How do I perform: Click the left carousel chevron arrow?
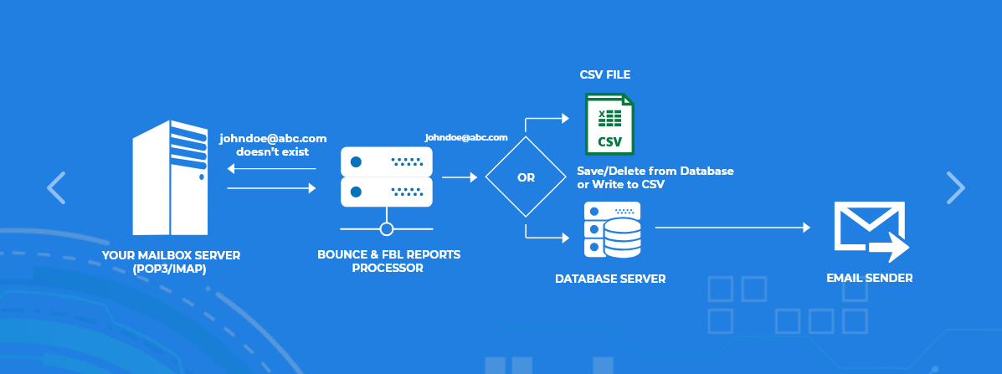pyautogui.click(x=56, y=187)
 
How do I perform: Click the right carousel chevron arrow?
pyautogui.click(x=955, y=187)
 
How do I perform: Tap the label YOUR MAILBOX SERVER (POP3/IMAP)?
pyautogui.click(x=171, y=261)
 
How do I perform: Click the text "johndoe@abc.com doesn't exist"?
pyautogui.click(x=273, y=145)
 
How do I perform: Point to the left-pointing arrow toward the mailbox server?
pyautogui.click(x=271, y=169)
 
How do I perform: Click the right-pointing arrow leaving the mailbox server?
pyautogui.click(x=271, y=188)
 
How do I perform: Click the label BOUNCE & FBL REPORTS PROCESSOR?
pyautogui.click(x=388, y=261)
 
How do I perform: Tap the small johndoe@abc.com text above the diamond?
pyautogui.click(x=466, y=136)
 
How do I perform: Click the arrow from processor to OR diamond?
pyautogui.click(x=459, y=177)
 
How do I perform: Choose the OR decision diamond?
pyautogui.click(x=526, y=177)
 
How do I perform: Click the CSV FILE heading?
pyautogui.click(x=605, y=74)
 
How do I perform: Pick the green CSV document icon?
pyautogui.click(x=609, y=123)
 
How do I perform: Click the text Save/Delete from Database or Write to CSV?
pyautogui.click(x=655, y=177)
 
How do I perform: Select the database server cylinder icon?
pyautogui.click(x=612, y=230)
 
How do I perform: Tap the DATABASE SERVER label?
pyautogui.click(x=610, y=279)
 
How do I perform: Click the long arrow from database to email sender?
pyautogui.click(x=732, y=227)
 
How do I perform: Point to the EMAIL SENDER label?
pyautogui.click(x=870, y=278)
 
